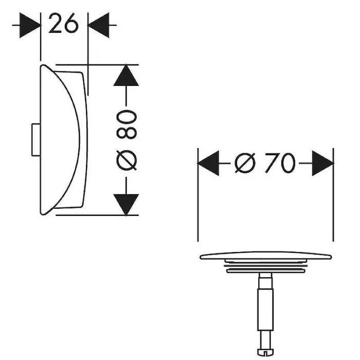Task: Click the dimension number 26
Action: [63, 23]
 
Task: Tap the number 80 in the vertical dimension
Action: [127, 124]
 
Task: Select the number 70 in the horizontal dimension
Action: [280, 163]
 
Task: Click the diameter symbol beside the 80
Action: [127, 160]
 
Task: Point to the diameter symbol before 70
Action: [245, 163]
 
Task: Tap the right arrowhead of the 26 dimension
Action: [99, 25]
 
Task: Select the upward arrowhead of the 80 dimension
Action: [126, 76]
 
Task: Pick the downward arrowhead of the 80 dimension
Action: [126, 205]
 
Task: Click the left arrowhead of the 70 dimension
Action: [208, 163]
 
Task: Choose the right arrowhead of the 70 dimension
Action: [322, 163]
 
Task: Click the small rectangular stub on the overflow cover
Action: [36, 140]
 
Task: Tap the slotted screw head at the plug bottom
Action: [265, 351]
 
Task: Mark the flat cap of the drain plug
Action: [266, 256]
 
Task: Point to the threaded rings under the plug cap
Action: [266, 266]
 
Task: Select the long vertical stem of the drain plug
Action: [266, 309]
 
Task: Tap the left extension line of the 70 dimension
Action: [198, 195]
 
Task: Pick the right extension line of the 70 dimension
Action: [333, 195]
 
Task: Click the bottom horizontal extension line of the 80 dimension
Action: [97, 215]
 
